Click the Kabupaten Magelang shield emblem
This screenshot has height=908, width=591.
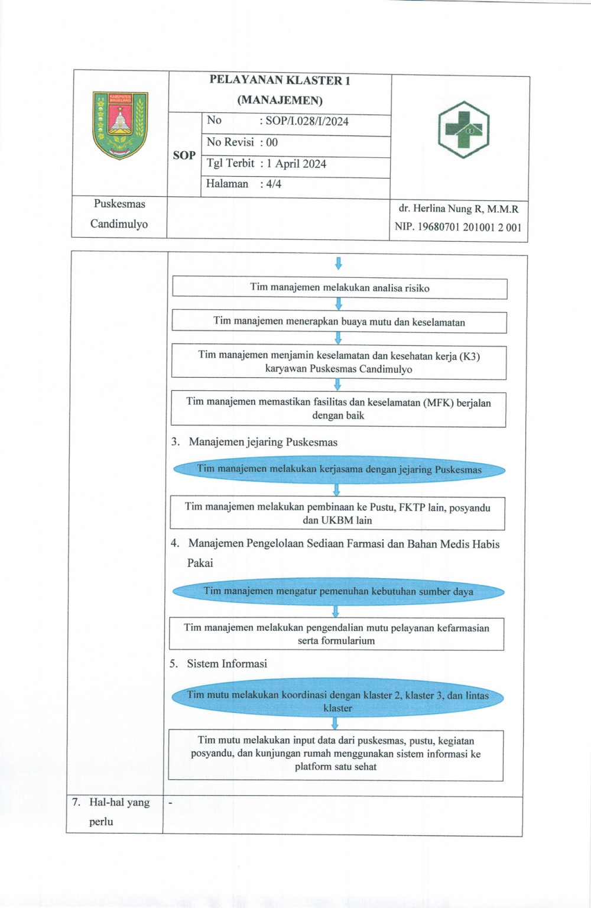[x=120, y=125]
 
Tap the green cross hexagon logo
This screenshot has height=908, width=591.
[x=463, y=129]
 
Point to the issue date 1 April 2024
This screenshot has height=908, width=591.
[x=296, y=164]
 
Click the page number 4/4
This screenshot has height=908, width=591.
[x=273, y=184]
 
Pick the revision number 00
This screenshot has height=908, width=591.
[x=272, y=142]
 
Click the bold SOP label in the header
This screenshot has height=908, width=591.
[x=184, y=155]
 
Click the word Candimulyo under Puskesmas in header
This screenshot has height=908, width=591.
[x=119, y=224]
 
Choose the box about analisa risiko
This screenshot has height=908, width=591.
[x=339, y=288]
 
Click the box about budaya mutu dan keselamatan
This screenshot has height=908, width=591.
[x=339, y=322]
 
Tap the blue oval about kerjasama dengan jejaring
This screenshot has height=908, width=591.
[x=339, y=470]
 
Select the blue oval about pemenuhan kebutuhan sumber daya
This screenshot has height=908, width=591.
[x=338, y=591]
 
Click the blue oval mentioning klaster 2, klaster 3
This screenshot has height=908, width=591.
[x=337, y=701]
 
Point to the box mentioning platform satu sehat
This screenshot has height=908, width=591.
[x=336, y=754]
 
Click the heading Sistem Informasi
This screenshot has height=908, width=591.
[x=227, y=664]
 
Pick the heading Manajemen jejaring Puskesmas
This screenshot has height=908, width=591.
[x=263, y=442]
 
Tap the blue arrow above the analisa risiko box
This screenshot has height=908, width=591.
[x=339, y=263]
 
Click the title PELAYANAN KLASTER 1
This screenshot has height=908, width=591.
[x=280, y=80]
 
